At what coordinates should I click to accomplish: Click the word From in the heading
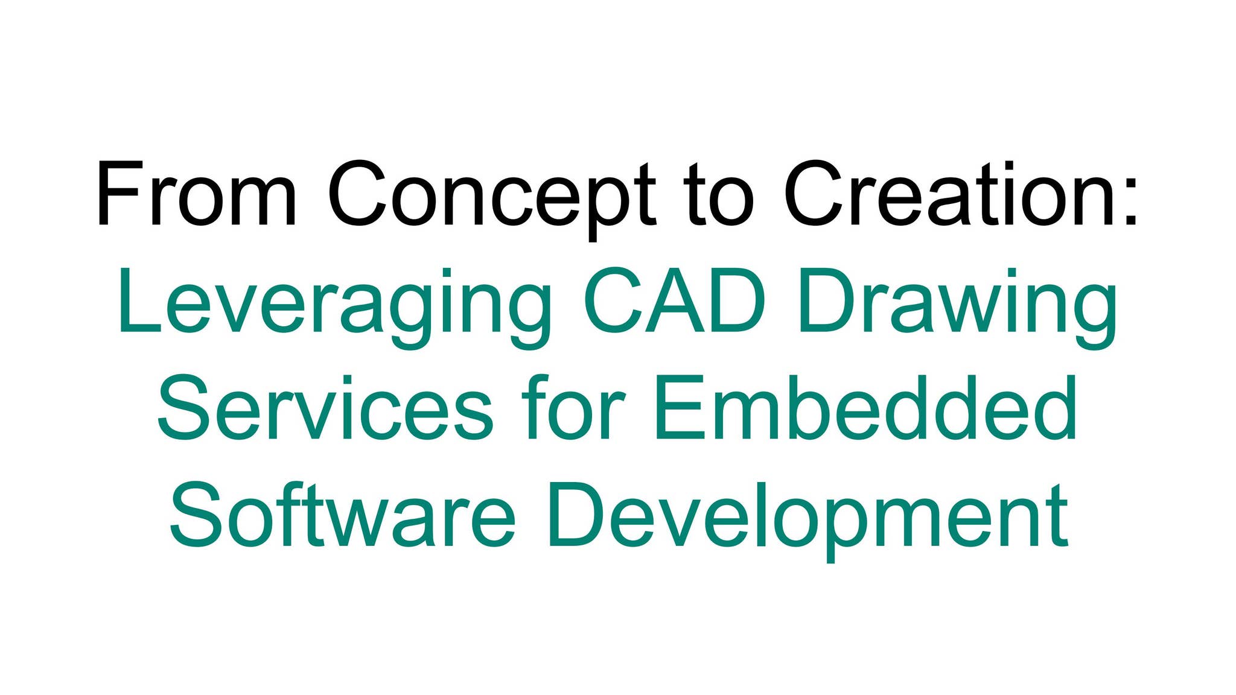click(196, 194)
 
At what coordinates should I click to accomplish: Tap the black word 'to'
click(718, 194)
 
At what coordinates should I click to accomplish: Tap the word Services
click(325, 407)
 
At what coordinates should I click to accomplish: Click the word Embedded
click(866, 407)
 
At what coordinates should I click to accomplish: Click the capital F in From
click(118, 194)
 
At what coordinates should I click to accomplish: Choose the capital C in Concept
click(357, 194)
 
